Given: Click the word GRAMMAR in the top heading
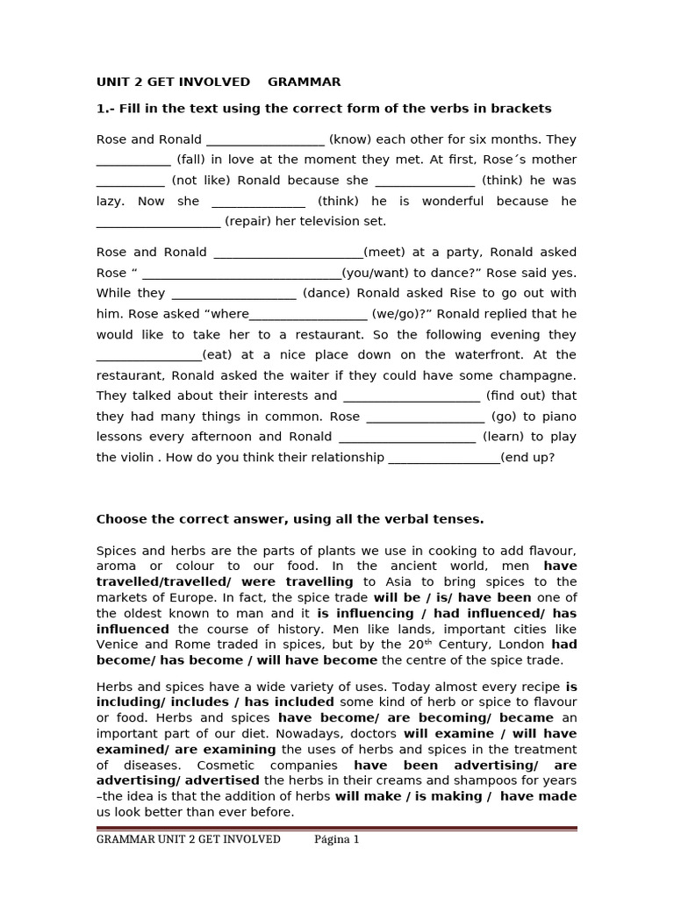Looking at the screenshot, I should [304, 82].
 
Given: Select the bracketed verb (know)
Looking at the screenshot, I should [348, 139].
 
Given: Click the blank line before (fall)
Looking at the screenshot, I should [133, 160].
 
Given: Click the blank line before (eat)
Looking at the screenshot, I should [148, 355].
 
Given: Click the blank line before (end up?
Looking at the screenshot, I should [444, 458].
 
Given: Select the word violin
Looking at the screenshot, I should [137, 458].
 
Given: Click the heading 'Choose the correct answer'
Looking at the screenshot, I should [290, 519].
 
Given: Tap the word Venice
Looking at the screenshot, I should [118, 645].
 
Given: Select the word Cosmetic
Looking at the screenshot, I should [202, 766].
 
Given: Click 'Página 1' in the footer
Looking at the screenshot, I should [337, 839].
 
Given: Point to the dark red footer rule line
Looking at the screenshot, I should [337, 827].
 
